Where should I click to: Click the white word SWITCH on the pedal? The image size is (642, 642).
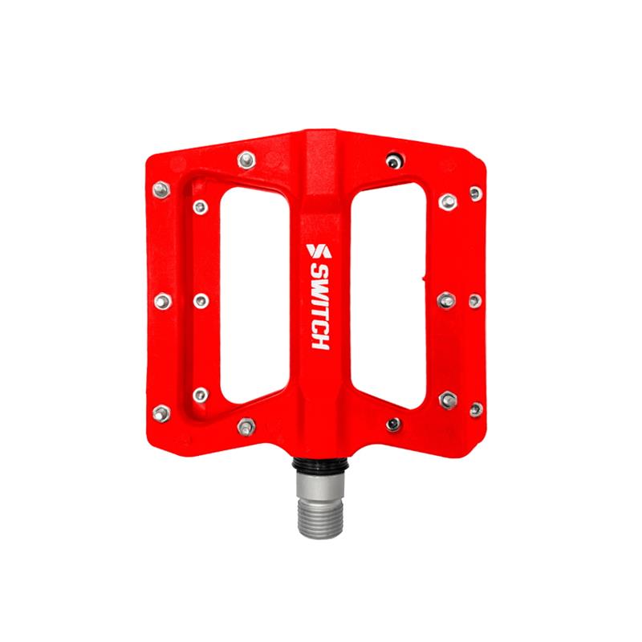click(319, 306)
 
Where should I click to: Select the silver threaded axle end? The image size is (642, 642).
click(319, 501)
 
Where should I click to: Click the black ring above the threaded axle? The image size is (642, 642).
click(319, 466)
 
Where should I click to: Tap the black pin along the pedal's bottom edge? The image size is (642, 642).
click(392, 424)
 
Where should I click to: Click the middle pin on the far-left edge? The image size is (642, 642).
click(161, 301)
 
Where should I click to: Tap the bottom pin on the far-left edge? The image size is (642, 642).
click(161, 412)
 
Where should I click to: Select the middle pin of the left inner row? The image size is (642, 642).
click(201, 301)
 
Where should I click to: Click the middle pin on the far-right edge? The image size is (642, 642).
click(475, 301)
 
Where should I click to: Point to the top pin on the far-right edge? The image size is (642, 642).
click(475, 193)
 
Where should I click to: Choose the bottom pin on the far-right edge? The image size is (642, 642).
click(475, 409)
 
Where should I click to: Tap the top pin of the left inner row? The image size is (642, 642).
click(201, 208)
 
